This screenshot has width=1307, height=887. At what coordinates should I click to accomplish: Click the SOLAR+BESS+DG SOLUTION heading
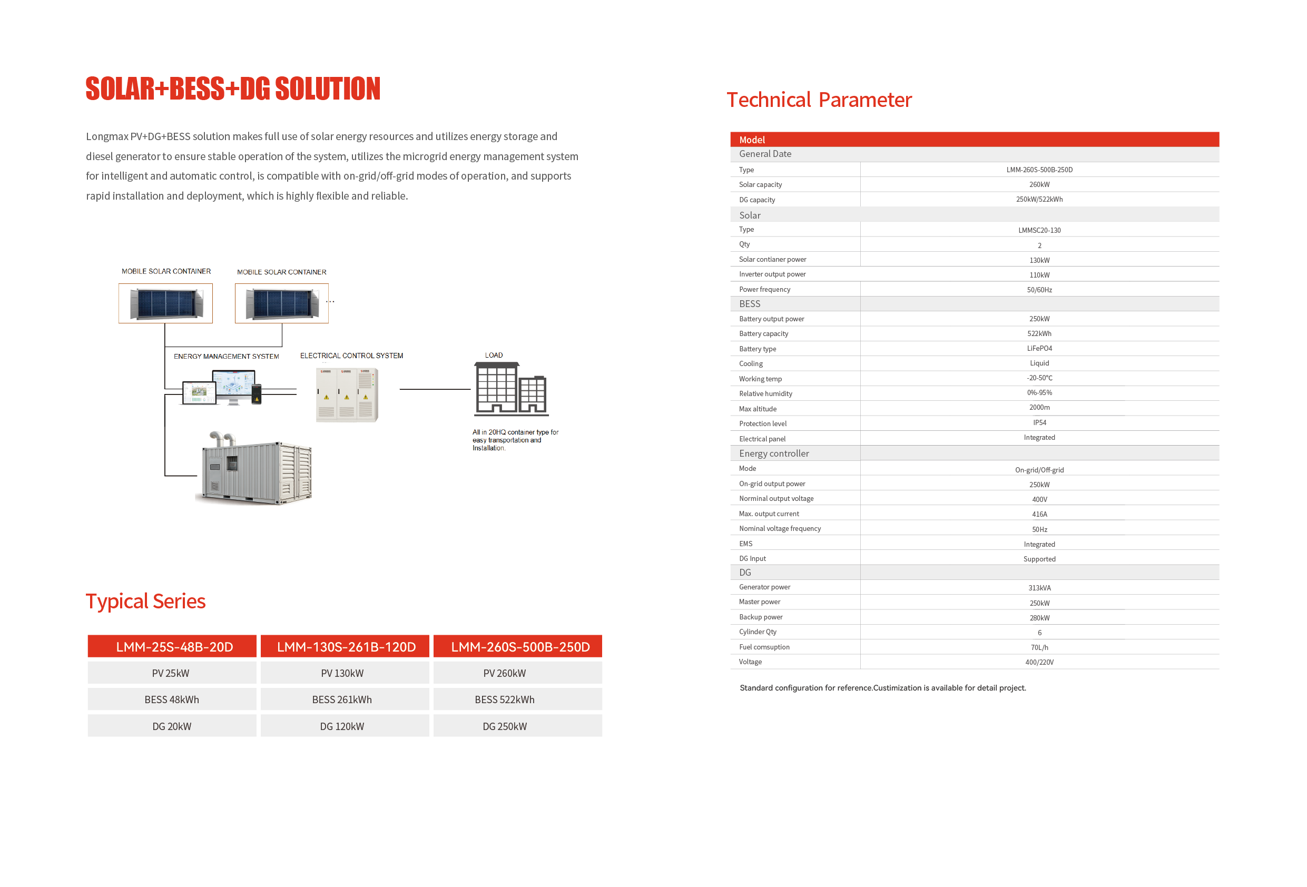point(233,89)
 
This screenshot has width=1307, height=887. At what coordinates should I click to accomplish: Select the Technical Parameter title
point(819,100)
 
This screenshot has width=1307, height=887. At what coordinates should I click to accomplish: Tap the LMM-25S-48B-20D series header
point(174,647)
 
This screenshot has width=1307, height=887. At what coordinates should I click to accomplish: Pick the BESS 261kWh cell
point(342,699)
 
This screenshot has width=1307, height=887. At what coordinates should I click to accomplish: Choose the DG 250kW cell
point(505,726)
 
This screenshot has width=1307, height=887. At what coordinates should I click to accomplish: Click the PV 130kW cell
point(342,673)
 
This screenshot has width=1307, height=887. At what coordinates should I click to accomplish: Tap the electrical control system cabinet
point(347,395)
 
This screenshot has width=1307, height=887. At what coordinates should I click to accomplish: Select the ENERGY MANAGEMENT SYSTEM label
point(226,357)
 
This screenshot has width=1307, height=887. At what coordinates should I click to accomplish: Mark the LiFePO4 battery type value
point(1039,349)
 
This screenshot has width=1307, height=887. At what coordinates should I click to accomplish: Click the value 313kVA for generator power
point(1039,588)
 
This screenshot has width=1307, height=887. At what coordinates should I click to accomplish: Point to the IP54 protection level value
point(1039,423)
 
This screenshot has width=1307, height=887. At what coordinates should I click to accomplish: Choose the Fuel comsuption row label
point(764,647)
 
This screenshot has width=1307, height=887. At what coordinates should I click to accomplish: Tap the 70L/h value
point(1039,647)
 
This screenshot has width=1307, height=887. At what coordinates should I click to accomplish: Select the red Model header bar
point(974,140)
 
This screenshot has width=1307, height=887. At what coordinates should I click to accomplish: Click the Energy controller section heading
point(774,454)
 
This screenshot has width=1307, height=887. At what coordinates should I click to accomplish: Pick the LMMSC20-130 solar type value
point(1039,230)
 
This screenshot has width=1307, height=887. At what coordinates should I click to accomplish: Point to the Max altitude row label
point(758,409)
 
